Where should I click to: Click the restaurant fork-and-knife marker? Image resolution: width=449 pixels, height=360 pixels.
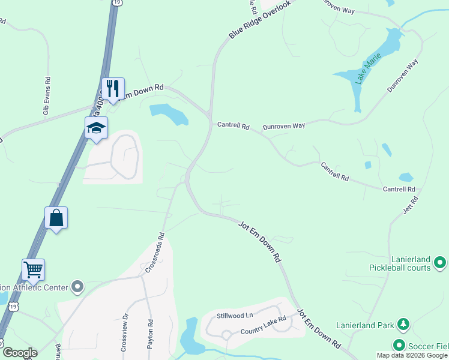point(113,89)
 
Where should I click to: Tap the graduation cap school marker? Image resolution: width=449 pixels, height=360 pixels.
point(96,128)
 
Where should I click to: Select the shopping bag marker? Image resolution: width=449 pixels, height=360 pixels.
point(56,218)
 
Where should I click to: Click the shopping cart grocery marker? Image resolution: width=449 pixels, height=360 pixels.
point(34,270)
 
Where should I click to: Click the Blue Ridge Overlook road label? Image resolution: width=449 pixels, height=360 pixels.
point(259,21)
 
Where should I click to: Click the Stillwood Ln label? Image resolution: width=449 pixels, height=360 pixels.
point(235,314)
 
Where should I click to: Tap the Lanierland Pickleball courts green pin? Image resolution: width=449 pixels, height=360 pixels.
point(440,263)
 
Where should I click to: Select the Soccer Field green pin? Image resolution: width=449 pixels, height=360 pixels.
point(399,345)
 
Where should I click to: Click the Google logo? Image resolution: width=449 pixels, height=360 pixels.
point(19,353)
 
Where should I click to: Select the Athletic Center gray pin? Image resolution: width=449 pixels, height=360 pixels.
point(77,287)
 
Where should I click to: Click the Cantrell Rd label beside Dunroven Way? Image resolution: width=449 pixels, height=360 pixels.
point(233,126)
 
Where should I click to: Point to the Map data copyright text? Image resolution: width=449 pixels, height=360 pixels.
point(412,355)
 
